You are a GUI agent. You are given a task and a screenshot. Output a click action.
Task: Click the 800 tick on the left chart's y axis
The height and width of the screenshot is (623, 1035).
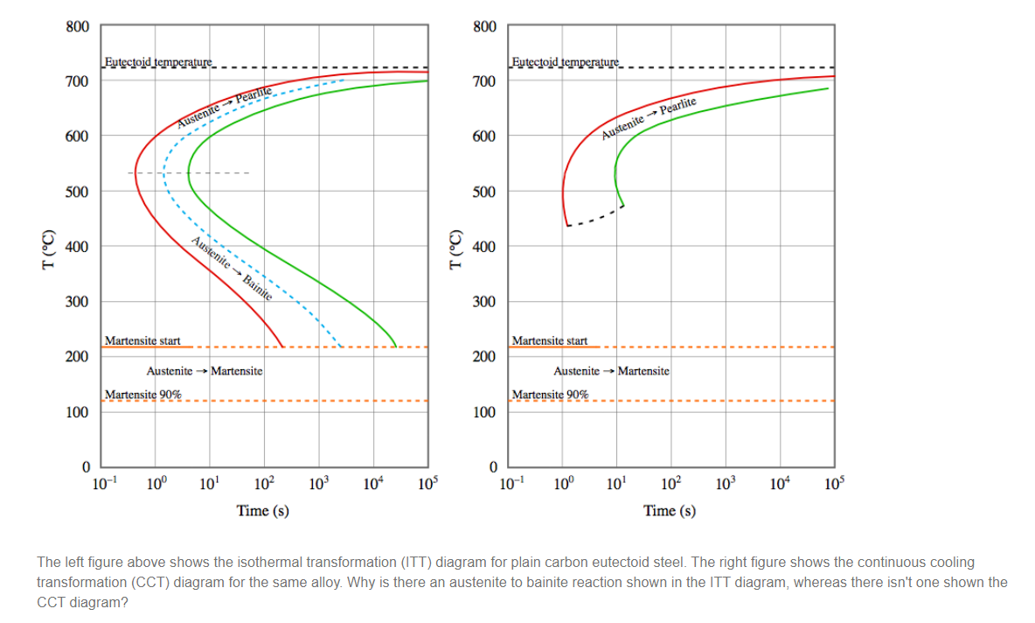pyautogui.click(x=77, y=26)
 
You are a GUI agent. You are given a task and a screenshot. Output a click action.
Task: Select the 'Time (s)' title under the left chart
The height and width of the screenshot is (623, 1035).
pyautogui.click(x=263, y=510)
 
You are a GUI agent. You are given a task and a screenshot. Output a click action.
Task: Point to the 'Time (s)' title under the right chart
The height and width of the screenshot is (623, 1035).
pyautogui.click(x=670, y=510)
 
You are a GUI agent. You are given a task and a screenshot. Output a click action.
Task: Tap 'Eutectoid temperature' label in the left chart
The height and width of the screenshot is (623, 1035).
pyautogui.click(x=157, y=62)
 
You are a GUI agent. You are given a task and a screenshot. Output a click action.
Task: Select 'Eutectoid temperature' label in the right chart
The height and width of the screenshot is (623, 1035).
pyautogui.click(x=565, y=62)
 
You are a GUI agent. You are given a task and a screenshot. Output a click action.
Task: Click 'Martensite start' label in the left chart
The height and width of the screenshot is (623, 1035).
pyautogui.click(x=142, y=339)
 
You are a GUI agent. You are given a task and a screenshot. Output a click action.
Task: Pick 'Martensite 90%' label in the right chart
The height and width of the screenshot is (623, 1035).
pyautogui.click(x=550, y=395)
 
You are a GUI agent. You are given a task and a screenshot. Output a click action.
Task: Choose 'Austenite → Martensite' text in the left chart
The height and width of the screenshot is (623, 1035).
pyautogui.click(x=205, y=371)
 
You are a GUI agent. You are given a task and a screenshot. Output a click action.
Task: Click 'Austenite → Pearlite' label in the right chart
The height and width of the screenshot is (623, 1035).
pyautogui.click(x=649, y=120)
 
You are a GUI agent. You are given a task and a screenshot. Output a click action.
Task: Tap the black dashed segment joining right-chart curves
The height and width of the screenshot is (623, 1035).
pyautogui.click(x=594, y=217)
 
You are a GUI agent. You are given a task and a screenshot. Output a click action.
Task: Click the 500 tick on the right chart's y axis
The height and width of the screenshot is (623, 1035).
pyautogui.click(x=485, y=192)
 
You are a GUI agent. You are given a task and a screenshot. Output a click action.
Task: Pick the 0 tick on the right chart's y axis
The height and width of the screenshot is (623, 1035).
pyautogui.click(x=492, y=465)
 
